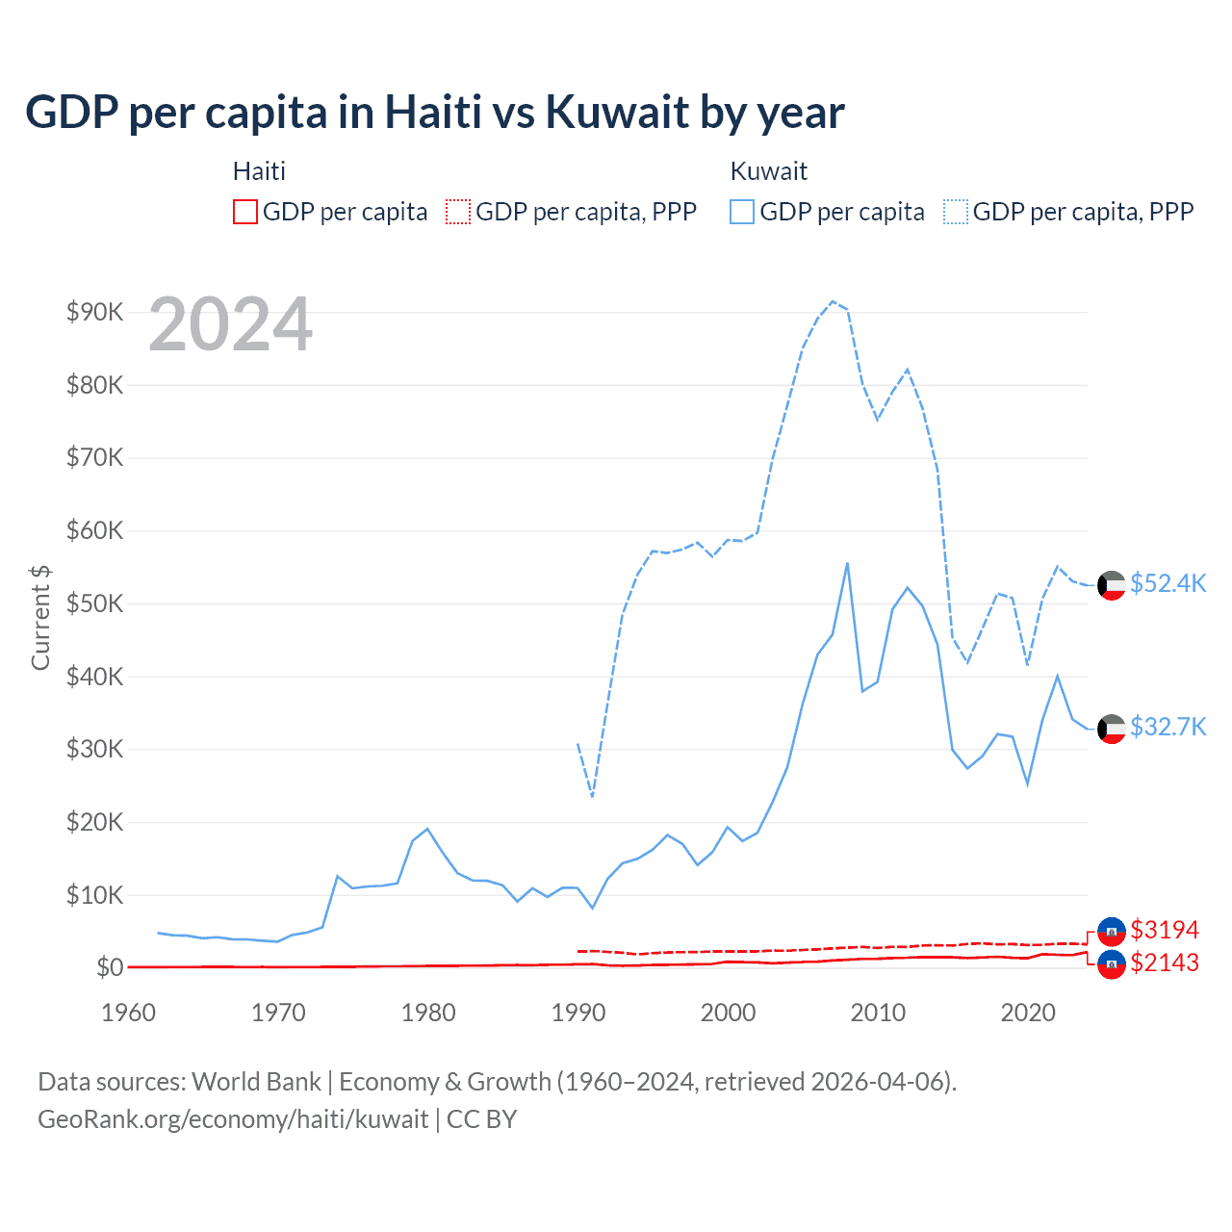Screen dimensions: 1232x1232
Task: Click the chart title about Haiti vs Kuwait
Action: pyautogui.click(x=435, y=112)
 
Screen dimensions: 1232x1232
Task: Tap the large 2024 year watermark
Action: pyautogui.click(x=231, y=324)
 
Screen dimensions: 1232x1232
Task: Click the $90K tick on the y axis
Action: pyautogui.click(x=94, y=312)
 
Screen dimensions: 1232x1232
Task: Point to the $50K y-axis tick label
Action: pyautogui.click(x=94, y=603)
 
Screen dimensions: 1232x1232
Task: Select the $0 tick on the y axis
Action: pyautogui.click(x=109, y=967)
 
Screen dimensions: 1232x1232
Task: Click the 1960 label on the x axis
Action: pyautogui.click(x=128, y=1013)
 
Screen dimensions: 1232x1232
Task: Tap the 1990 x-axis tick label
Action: pyautogui.click(x=578, y=1013)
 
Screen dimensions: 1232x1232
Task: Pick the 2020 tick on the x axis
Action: pyautogui.click(x=1028, y=1013)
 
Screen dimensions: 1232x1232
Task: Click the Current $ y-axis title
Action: pyautogui.click(x=40, y=617)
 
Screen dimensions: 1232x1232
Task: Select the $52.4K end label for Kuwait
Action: pyautogui.click(x=1168, y=584)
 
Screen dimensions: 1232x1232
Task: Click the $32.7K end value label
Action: pyautogui.click(x=1168, y=727)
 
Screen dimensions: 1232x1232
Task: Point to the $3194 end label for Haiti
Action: pyautogui.click(x=1165, y=930)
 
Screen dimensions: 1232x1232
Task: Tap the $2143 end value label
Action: pyautogui.click(x=1165, y=962)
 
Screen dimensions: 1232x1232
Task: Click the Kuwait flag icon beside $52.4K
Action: pyautogui.click(x=1112, y=585)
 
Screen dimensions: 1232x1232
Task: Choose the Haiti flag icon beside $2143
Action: pyautogui.click(x=1112, y=964)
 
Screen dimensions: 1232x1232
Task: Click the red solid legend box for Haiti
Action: pyautogui.click(x=245, y=212)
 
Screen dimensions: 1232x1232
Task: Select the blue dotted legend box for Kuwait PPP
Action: pyautogui.click(x=956, y=212)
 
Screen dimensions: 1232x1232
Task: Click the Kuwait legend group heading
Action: pyautogui.click(x=768, y=171)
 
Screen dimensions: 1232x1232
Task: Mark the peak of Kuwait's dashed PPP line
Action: pyautogui.click(x=833, y=301)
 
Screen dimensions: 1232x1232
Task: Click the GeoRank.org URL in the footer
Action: pyautogui.click(x=233, y=1119)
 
